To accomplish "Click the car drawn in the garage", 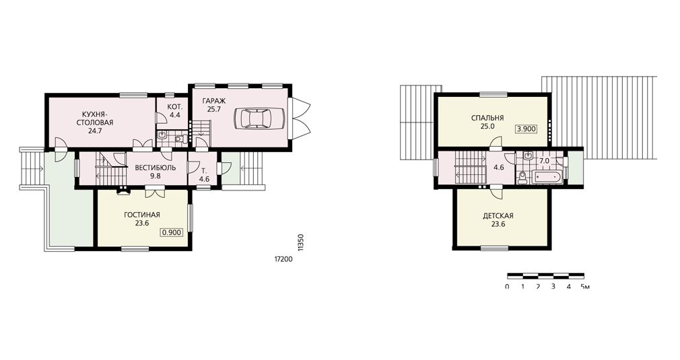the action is tap(259, 117).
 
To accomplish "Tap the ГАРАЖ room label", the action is tap(214, 101).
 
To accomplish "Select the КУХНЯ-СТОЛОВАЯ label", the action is tap(95, 118).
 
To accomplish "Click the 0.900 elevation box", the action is tap(171, 233).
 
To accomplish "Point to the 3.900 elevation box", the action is tap(526, 129).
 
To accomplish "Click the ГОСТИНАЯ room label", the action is tap(142, 215).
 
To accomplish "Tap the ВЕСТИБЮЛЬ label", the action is tap(155, 168).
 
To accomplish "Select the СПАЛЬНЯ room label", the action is tap(487, 118).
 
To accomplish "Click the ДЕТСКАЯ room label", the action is tap(498, 216).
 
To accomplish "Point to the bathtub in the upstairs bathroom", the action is tap(547, 177).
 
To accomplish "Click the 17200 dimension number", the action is tap(283, 260).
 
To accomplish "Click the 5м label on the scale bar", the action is tap(585, 287).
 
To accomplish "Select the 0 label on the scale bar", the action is tap(508, 287).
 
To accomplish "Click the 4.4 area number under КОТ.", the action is tap(175, 115).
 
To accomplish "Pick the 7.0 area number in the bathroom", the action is tap(544, 161).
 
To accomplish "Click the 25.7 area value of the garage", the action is tap(214, 110).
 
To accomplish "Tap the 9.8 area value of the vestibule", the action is tap(155, 176).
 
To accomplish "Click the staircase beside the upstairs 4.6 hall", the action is tap(471, 168).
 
